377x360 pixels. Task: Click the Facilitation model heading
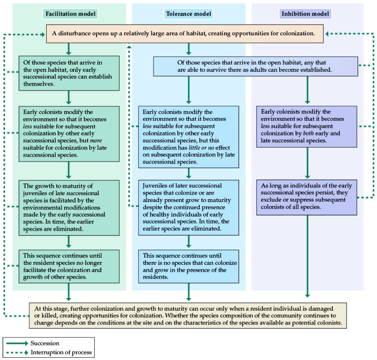point(70,14)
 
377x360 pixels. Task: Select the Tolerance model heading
point(188,14)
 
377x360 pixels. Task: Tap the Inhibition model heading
point(306,14)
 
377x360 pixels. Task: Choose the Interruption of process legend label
point(61,352)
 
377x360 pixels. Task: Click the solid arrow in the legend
point(17,343)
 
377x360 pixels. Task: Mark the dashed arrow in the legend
point(17,352)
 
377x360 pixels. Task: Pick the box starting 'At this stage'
point(188,315)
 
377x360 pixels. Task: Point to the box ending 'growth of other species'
point(69,266)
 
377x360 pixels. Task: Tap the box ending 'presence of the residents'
point(188,266)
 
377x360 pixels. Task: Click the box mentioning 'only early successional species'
point(69,73)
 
